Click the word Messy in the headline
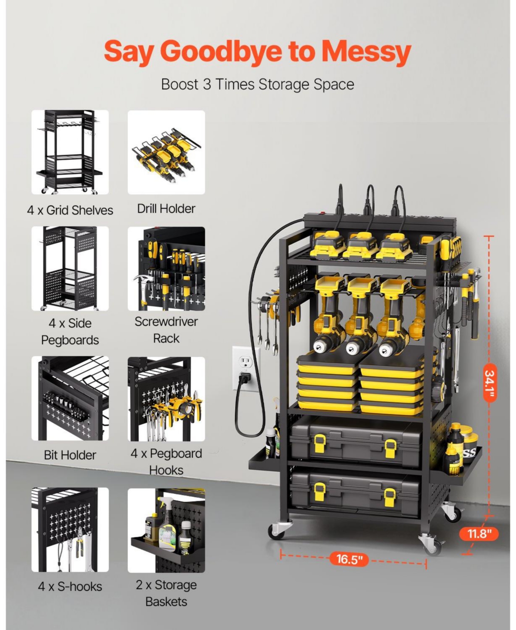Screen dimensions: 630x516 (x=366, y=52)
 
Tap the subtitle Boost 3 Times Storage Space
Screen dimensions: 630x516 (x=257, y=84)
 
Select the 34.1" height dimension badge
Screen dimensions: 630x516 (x=490, y=382)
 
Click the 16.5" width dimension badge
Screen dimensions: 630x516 (x=349, y=559)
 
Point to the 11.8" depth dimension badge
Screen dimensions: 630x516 (x=479, y=534)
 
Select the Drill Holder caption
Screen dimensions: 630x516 (x=166, y=209)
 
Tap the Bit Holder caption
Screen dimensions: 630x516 (x=70, y=455)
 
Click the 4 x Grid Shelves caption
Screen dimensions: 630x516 (x=70, y=210)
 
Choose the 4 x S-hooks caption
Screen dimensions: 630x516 (x=70, y=586)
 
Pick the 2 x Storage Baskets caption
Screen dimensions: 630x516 (x=166, y=593)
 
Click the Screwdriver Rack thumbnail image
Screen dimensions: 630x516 (x=166, y=269)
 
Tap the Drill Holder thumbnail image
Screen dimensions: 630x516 (x=166, y=152)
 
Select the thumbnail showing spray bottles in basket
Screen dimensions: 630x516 (x=166, y=530)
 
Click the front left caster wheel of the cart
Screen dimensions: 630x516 (x=276, y=531)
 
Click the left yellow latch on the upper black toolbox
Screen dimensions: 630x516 (x=319, y=442)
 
